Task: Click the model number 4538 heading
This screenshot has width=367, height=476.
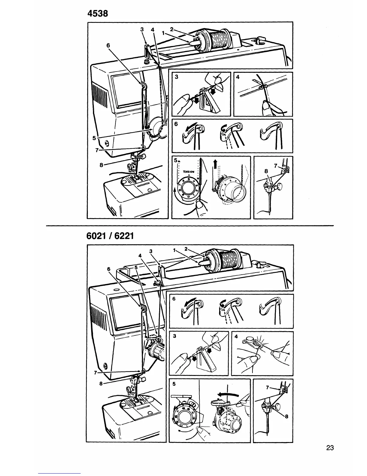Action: pyautogui.click(x=97, y=14)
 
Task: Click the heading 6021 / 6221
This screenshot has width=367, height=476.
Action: pyautogui.click(x=110, y=236)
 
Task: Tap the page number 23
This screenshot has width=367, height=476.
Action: pyautogui.click(x=330, y=456)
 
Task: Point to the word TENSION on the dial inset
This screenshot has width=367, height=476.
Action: pyautogui.click(x=189, y=172)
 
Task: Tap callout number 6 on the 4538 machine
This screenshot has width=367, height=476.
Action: pyautogui.click(x=108, y=45)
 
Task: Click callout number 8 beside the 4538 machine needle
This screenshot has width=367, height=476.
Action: pyautogui.click(x=101, y=165)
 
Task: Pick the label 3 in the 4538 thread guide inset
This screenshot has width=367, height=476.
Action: pyautogui.click(x=177, y=77)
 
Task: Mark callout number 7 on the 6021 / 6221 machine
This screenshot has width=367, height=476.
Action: pyautogui.click(x=95, y=373)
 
